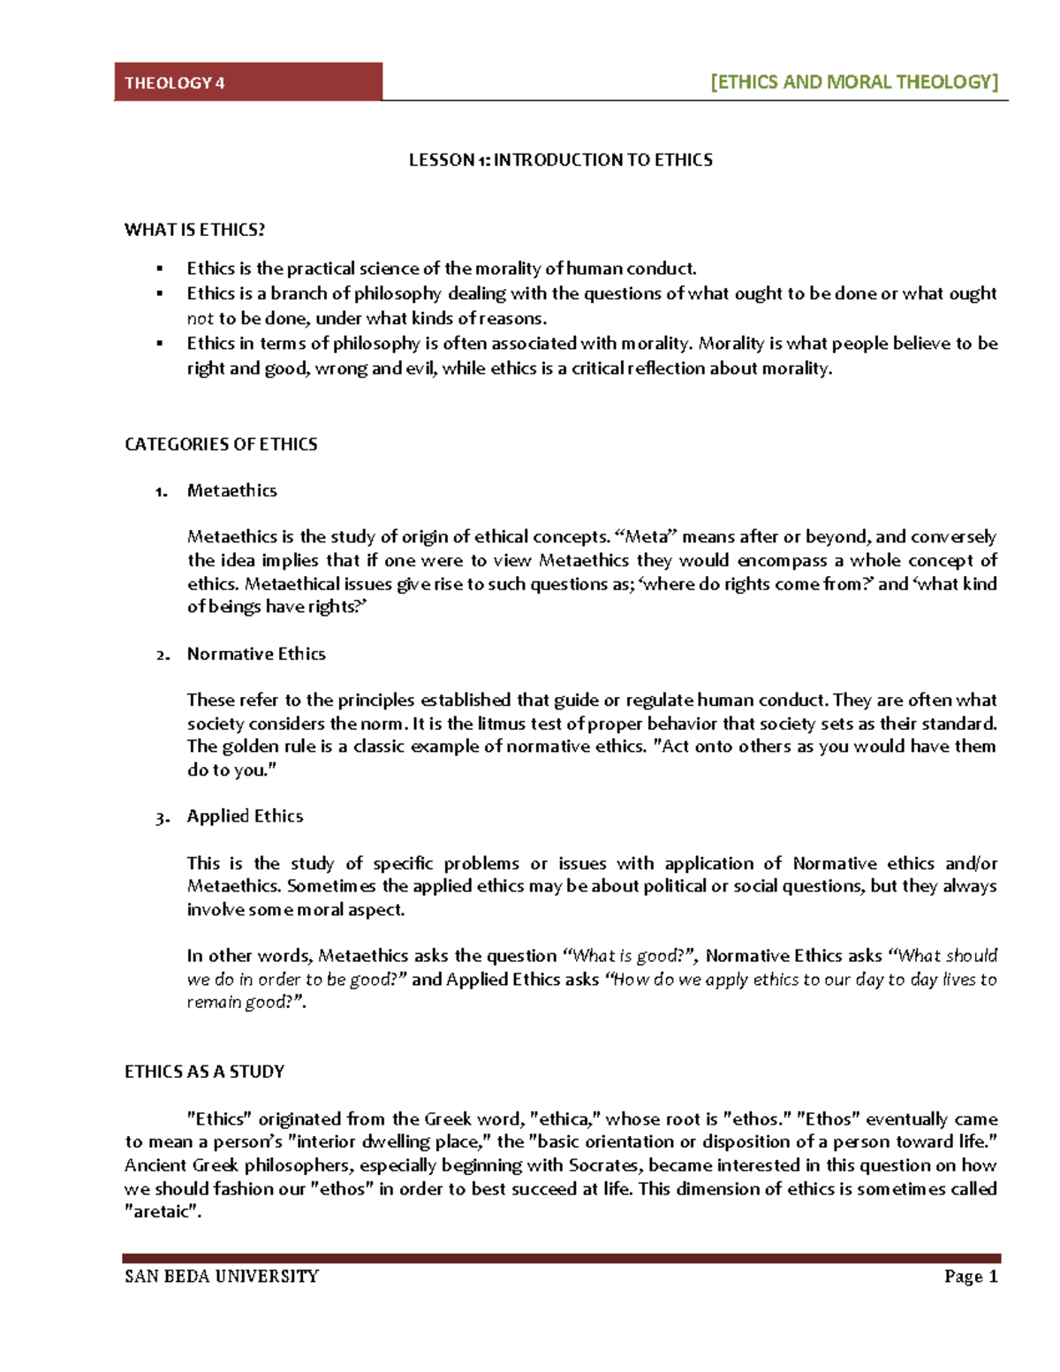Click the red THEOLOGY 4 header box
click(247, 82)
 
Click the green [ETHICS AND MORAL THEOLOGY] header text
click(854, 82)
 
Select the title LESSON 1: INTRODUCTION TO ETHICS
click(560, 160)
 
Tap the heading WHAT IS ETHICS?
click(194, 230)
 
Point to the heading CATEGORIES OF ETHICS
click(221, 444)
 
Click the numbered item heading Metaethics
click(231, 490)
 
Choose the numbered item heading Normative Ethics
click(256, 654)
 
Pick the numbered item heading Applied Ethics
click(245, 816)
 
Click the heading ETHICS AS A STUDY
click(204, 1072)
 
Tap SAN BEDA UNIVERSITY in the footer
click(222, 1276)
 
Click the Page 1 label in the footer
click(970, 1276)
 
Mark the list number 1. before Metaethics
click(161, 492)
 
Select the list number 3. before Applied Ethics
click(161, 818)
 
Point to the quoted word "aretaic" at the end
click(162, 1212)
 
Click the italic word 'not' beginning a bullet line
click(200, 319)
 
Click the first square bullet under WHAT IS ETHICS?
click(160, 269)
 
